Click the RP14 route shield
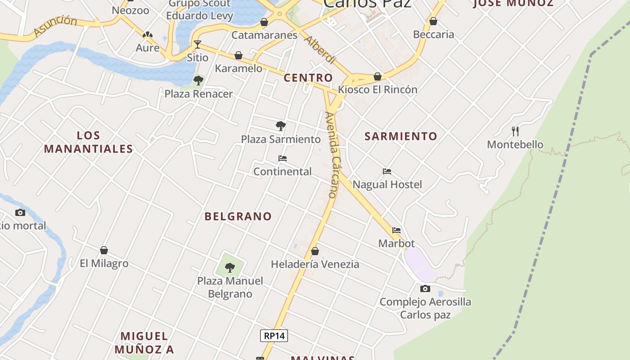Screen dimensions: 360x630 point(274,336)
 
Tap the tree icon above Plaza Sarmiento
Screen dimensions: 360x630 point(281,126)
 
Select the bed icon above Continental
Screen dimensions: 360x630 point(283,158)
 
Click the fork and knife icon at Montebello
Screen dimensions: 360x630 point(515,131)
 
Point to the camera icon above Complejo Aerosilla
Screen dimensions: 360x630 point(425,288)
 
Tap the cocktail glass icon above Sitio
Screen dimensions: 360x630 point(197,44)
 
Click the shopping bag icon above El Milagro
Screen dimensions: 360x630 point(104,250)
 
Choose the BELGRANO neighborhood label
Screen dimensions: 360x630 point(238,216)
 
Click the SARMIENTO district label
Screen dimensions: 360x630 point(400,136)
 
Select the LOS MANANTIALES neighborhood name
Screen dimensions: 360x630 point(88,142)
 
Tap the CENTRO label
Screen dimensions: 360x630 point(308,78)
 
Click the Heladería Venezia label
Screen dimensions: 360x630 point(315,264)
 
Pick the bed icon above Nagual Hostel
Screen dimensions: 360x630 point(387,171)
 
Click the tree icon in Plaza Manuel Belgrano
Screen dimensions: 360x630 point(230,268)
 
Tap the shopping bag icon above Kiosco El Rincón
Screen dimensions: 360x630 point(378,76)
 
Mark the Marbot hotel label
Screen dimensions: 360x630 point(396,243)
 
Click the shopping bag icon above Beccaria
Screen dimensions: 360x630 point(433,21)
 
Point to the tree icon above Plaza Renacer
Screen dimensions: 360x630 point(198,81)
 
